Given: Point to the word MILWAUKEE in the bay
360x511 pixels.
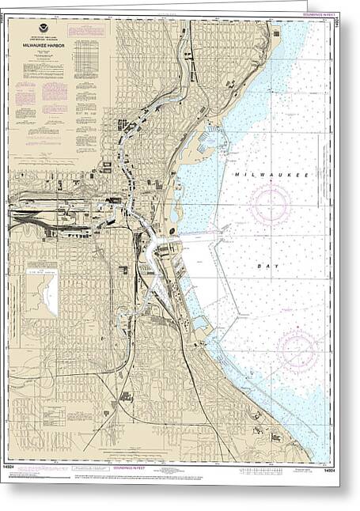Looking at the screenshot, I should click(x=263, y=172).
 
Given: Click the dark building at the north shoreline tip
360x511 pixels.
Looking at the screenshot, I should click(x=276, y=33).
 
